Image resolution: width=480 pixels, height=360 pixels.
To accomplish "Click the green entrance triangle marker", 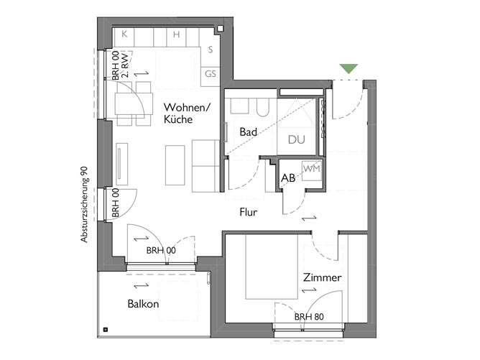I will pos(349,68).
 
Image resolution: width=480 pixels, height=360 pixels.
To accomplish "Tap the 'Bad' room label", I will pos(249,132).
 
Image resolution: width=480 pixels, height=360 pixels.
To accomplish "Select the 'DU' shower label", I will pos(296,139).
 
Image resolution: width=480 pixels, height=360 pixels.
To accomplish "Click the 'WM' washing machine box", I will pos(311,168).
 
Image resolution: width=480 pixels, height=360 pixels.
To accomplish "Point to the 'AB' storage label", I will pos(288,177).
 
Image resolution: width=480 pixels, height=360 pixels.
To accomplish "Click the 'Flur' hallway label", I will pos(249,212).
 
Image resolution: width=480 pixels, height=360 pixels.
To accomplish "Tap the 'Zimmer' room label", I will pos(321,277).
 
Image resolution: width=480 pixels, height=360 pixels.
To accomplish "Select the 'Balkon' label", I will pos(143,304).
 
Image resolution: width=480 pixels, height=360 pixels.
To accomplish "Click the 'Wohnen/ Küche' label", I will pos(186,114).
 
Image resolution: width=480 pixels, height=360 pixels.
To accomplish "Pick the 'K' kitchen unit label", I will pos(124,34).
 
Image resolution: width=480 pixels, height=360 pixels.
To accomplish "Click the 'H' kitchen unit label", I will pos(175,34).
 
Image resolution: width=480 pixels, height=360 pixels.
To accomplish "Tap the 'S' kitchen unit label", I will pos(210,50).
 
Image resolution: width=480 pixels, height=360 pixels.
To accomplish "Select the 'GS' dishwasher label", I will pos(211,73).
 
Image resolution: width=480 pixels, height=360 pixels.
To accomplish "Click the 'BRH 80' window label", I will pos(308,317).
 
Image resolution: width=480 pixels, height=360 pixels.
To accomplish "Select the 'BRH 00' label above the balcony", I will pos(161,250).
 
